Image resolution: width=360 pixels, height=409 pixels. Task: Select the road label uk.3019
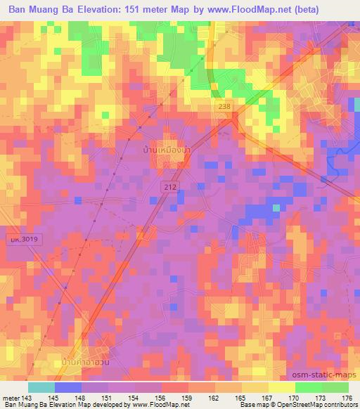click(20, 240)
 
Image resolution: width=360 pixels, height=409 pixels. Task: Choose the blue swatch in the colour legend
click(67, 387)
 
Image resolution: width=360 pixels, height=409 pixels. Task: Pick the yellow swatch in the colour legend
click(281, 387)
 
